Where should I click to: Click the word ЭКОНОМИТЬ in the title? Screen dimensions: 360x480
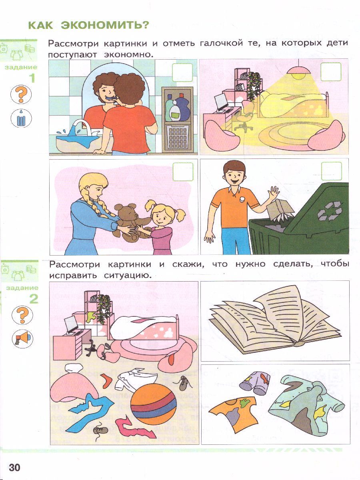pyautogui.click(x=105, y=25)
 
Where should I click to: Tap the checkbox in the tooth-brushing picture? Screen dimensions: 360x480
pyautogui.click(x=182, y=72)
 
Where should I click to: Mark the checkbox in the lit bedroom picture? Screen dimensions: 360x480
pyautogui.click(x=331, y=72)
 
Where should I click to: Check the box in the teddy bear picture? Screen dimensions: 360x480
pyautogui.click(x=183, y=172)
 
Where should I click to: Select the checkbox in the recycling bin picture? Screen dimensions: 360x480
pyautogui.click(x=332, y=171)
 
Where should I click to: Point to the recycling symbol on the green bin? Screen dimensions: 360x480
pyautogui.click(x=329, y=211)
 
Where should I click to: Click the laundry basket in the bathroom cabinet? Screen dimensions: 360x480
pyautogui.click(x=178, y=137)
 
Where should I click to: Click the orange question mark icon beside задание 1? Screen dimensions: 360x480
pyautogui.click(x=21, y=94)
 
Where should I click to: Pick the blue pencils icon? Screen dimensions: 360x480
pyautogui.click(x=21, y=118)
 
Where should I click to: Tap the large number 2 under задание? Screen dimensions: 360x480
pyautogui.click(x=34, y=299)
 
